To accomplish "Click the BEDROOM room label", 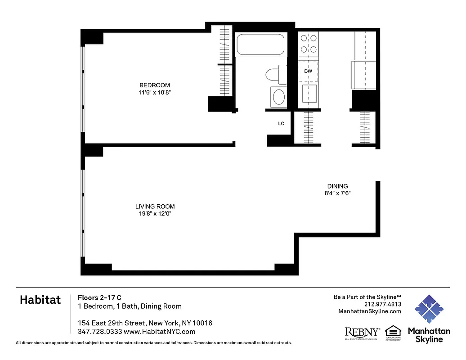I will [155, 85].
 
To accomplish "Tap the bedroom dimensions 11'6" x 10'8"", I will [155, 93].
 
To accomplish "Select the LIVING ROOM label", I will [155, 207].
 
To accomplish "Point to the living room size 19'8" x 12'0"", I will [155, 214].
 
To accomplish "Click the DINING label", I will [337, 186].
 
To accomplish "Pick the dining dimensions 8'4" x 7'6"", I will [337, 193].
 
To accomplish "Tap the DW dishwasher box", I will [308, 71].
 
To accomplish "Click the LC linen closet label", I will [281, 124].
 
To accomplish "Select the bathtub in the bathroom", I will [260, 45].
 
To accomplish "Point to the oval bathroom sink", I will [279, 97].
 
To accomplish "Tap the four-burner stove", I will [308, 44].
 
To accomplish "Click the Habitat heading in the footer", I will [40, 301].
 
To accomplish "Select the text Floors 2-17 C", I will [99, 297].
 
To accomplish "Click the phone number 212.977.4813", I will [383, 304].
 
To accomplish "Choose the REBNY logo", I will [362, 332].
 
